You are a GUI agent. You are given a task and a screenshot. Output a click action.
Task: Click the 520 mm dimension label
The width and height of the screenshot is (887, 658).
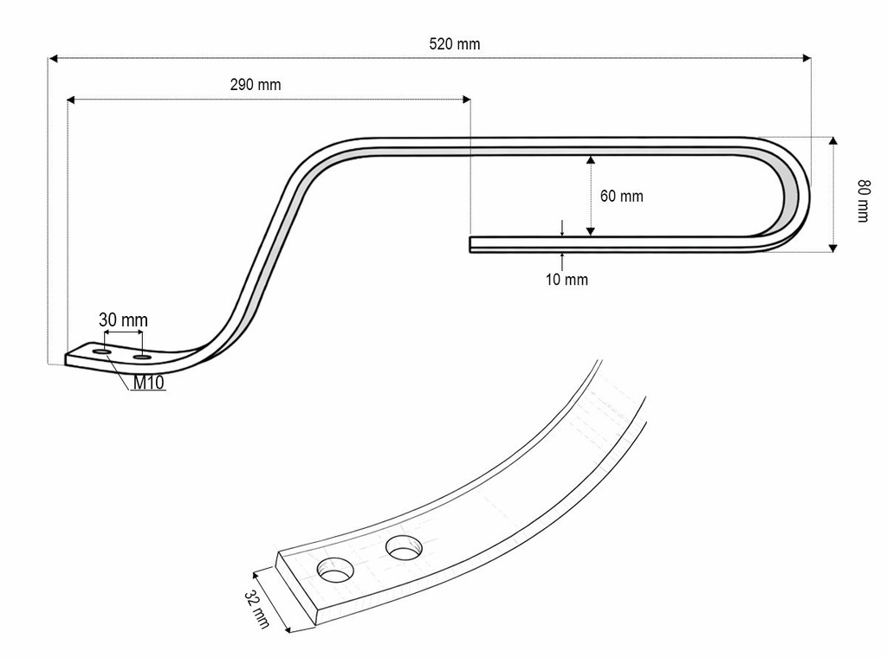pos(454,44)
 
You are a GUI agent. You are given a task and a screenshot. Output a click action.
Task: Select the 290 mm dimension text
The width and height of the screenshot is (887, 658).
pos(256,85)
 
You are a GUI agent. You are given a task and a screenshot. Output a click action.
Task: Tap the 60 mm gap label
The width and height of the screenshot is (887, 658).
pos(622,197)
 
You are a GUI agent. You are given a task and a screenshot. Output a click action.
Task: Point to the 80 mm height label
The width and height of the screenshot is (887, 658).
pos(864,201)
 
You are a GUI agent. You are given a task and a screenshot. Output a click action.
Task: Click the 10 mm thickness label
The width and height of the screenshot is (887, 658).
pos(567,280)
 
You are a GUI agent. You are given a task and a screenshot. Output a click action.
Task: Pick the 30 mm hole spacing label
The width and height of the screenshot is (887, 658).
pos(123,320)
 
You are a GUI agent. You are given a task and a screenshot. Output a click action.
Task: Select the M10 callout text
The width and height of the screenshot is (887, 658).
pos(148,383)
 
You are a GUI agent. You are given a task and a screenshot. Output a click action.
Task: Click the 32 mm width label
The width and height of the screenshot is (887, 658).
pos(256,610)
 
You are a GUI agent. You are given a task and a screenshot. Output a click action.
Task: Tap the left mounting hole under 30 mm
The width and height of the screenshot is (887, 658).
pos(102,352)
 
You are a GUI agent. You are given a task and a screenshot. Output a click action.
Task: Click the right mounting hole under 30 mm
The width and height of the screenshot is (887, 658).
pos(142,358)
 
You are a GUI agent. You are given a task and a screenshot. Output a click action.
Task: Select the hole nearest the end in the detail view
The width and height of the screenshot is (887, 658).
pos(335,570)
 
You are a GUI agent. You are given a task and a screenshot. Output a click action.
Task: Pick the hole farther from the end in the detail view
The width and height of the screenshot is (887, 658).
pos(404,547)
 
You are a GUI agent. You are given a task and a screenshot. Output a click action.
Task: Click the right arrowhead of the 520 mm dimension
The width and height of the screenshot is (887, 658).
pos(806,58)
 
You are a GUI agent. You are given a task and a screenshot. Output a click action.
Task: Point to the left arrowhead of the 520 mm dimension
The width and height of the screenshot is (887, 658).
pos(53,58)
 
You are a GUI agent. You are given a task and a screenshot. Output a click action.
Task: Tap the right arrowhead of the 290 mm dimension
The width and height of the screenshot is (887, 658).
pos(466,100)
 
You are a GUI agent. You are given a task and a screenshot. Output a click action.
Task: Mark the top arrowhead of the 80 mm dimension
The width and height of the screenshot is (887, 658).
pos(832,141)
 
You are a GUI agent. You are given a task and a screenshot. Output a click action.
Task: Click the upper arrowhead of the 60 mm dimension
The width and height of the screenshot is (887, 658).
pos(591,159)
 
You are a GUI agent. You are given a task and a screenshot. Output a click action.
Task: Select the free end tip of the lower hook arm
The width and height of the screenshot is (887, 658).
pos(470,244)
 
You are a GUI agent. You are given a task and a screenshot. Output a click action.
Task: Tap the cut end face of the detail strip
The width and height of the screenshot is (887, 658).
pos(296,589)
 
